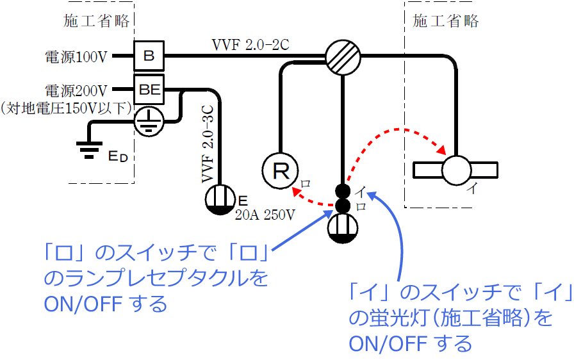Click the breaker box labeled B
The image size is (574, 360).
149,56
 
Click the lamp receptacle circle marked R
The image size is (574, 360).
280,171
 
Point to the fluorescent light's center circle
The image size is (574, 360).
456,170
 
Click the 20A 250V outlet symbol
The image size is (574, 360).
220,198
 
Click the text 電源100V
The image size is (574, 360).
75,57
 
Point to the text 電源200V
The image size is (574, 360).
75,90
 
